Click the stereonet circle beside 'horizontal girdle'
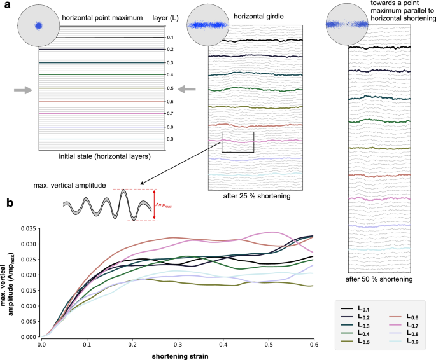click(x=206, y=25)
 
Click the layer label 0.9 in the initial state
click(x=170, y=139)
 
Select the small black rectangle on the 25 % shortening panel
click(x=237, y=142)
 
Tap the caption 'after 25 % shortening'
click(x=258, y=196)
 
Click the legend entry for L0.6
click(x=401, y=308)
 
